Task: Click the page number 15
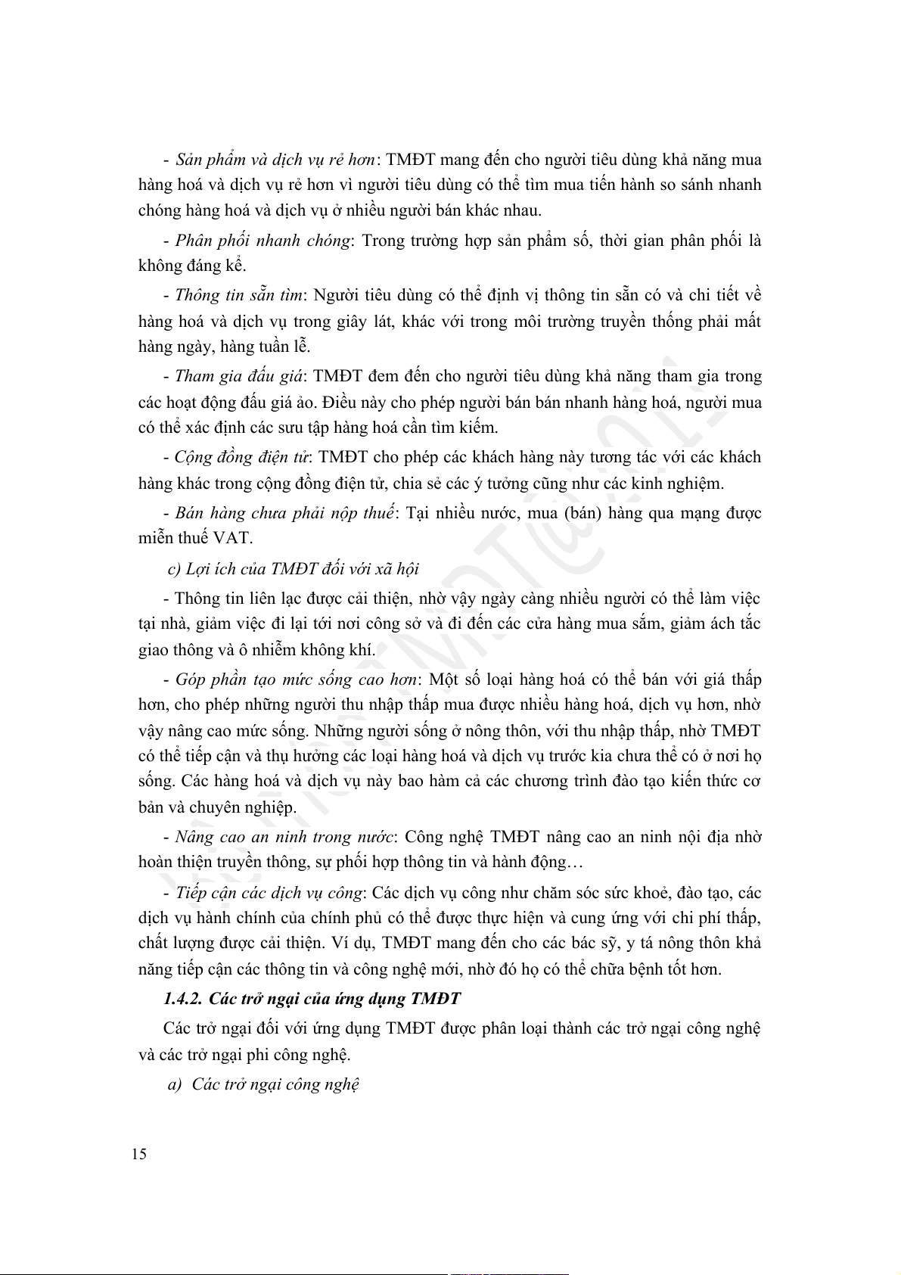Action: pos(139,1154)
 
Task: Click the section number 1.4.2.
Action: pos(182,998)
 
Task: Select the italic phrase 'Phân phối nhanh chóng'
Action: pos(263,241)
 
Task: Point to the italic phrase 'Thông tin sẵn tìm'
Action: pos(238,295)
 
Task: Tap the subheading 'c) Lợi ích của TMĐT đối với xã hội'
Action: pos(294,569)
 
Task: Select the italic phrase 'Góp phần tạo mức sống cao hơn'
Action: pos(296,679)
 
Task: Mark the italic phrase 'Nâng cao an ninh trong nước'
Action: pos(284,837)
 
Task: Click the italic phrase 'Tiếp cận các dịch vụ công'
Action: pos(269,893)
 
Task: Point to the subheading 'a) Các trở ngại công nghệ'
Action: pos(263,1084)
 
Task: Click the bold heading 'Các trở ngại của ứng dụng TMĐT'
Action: pos(334,998)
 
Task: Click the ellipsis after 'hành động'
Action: pos(574,862)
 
